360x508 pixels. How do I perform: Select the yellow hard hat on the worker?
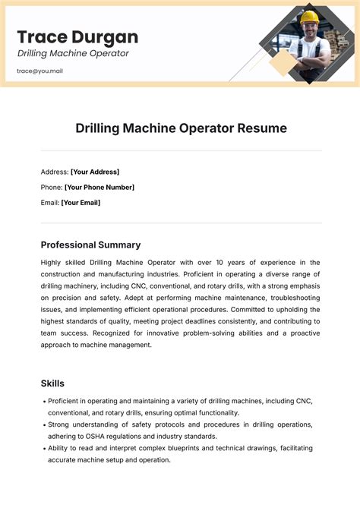(x=309, y=17)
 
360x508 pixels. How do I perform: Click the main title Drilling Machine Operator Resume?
(x=181, y=128)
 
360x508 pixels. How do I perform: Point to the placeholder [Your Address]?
(x=95, y=172)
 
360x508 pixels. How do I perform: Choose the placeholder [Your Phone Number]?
(x=99, y=188)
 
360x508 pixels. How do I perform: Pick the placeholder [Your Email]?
(x=81, y=203)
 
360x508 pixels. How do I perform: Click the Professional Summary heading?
(x=90, y=245)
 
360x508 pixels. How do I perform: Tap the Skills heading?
(x=52, y=383)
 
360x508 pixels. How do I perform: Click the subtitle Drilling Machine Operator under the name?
(x=73, y=53)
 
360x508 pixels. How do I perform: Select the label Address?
(x=54, y=172)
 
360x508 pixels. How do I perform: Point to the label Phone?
(x=52, y=188)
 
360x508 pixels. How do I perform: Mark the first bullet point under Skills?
(x=45, y=401)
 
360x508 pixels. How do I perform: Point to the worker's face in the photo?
(x=309, y=31)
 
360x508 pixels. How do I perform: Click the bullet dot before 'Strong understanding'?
(x=45, y=424)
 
